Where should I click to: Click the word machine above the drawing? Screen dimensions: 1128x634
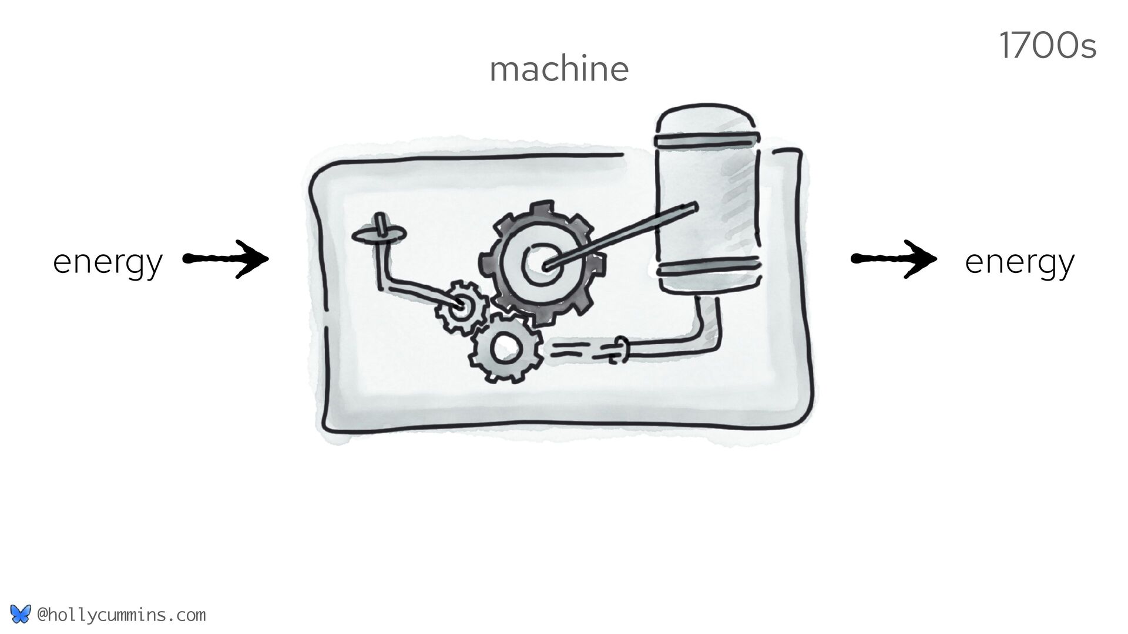point(559,69)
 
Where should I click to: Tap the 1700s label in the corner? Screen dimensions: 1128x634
point(1047,47)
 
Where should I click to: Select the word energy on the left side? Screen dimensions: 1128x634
point(108,262)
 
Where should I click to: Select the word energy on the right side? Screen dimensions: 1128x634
point(1019,262)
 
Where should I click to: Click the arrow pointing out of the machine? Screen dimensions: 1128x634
point(894,258)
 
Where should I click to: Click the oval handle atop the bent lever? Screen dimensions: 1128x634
point(379,234)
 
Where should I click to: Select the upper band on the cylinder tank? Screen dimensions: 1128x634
point(707,140)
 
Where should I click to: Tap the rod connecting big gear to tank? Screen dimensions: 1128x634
point(623,235)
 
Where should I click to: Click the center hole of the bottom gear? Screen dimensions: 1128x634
point(503,350)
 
